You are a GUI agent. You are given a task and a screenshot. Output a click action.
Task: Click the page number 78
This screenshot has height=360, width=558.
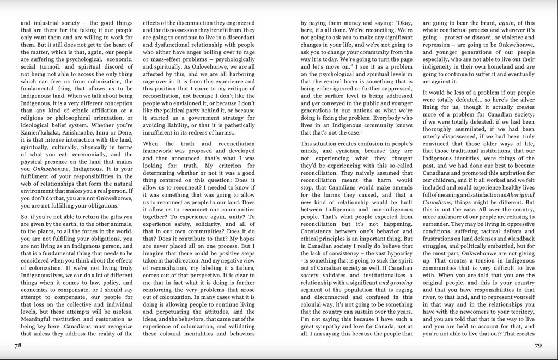[17, 345]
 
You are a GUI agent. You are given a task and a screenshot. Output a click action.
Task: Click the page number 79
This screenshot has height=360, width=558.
[538, 345]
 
